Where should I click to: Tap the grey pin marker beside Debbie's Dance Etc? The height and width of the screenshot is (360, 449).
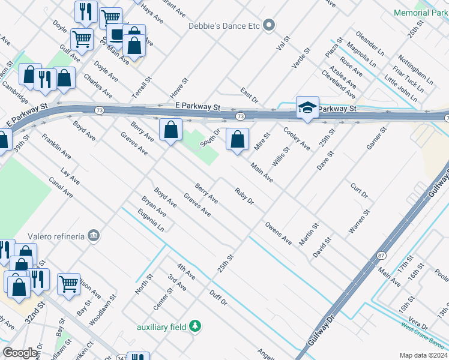[x=270, y=25]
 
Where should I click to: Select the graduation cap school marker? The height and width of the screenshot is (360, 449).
[x=307, y=107]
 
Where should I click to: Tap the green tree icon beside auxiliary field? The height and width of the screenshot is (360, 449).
[x=194, y=326]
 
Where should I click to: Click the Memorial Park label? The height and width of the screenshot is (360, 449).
[x=421, y=13]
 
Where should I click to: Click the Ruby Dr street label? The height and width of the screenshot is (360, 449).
[x=244, y=196]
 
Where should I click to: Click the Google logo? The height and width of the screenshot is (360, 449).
[x=20, y=353]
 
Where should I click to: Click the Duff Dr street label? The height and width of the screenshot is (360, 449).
[x=218, y=298]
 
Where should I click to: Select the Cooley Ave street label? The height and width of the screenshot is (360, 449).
[x=297, y=139]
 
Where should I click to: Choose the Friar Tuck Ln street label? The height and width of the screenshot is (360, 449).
[x=405, y=78]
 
